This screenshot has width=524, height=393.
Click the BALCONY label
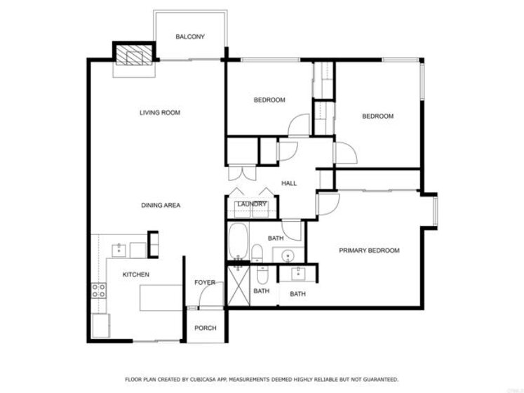click(190, 36)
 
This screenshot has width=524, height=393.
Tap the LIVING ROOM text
click(160, 113)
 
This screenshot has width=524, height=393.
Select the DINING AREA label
click(161, 206)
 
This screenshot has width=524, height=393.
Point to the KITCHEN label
click(135, 274)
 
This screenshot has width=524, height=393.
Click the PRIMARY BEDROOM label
click(369, 251)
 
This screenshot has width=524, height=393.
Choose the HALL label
click(289, 183)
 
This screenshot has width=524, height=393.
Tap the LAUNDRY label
click(252, 204)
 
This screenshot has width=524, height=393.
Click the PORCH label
click(206, 328)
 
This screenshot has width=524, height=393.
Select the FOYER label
click(205, 283)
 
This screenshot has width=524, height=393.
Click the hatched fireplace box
click(134, 55)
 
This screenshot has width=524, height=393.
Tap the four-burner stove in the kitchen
click(99, 291)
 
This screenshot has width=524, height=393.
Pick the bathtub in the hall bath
click(239, 241)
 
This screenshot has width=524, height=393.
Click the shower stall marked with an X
click(239, 286)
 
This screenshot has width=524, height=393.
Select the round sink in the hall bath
click(288, 257)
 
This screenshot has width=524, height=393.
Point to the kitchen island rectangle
click(161, 298)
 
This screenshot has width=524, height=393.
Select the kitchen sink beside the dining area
click(119, 250)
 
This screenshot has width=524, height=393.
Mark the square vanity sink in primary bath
click(298, 274)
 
